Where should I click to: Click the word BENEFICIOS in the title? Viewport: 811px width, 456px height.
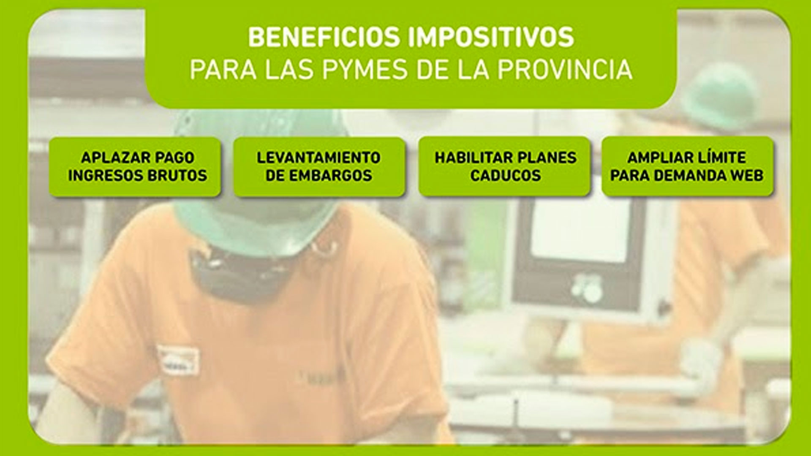click(x=323, y=37)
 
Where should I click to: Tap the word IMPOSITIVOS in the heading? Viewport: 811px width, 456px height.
click(x=491, y=37)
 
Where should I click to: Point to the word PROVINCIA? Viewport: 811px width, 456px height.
click(x=564, y=70)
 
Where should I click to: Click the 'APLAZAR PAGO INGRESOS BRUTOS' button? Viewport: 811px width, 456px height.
click(x=135, y=166)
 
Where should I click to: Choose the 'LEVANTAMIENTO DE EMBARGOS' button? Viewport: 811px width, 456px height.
click(x=319, y=166)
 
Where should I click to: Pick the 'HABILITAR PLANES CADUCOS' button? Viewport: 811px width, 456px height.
click(x=504, y=166)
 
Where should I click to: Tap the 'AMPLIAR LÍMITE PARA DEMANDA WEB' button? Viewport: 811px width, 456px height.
click(x=687, y=166)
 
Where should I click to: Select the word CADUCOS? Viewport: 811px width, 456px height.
click(x=505, y=176)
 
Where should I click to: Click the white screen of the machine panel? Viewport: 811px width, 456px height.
click(x=581, y=228)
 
